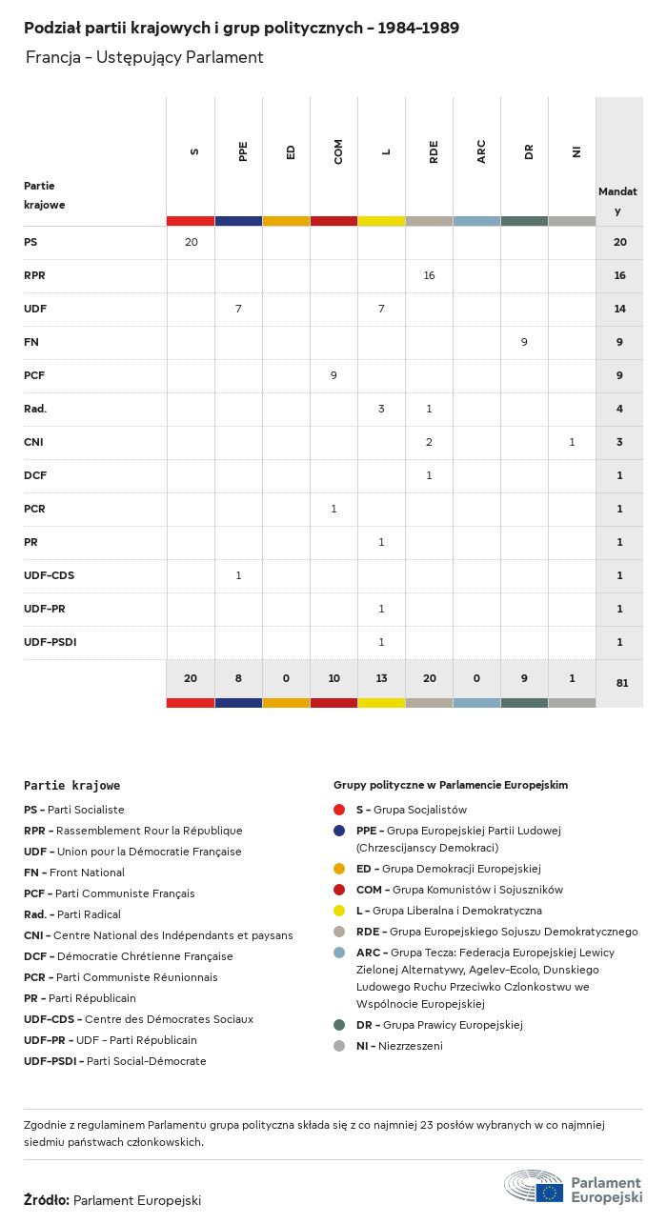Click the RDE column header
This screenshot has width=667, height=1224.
(x=434, y=151)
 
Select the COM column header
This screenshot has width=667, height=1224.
(x=338, y=151)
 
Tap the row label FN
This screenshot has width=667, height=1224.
(x=31, y=342)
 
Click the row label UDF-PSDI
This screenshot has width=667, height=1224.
(x=50, y=642)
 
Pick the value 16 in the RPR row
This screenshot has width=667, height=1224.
(x=429, y=275)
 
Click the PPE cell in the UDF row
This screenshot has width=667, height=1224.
(x=238, y=309)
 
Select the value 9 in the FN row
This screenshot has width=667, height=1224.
(x=524, y=342)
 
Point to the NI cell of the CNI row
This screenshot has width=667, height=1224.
(x=572, y=442)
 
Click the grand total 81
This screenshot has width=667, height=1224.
(x=620, y=683)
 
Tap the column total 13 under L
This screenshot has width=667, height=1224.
(x=381, y=678)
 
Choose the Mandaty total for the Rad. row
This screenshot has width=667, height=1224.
(x=620, y=409)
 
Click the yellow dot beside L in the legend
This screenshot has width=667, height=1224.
(x=339, y=911)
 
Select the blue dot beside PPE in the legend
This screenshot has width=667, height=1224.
(x=339, y=831)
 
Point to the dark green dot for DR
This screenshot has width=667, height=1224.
(x=339, y=1025)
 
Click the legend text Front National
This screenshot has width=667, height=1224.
(x=87, y=873)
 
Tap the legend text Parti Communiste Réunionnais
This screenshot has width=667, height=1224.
(x=136, y=977)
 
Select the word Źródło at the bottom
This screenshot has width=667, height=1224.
(x=46, y=1200)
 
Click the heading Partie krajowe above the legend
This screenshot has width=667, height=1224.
(x=71, y=786)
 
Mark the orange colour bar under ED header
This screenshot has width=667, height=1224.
(x=286, y=221)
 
